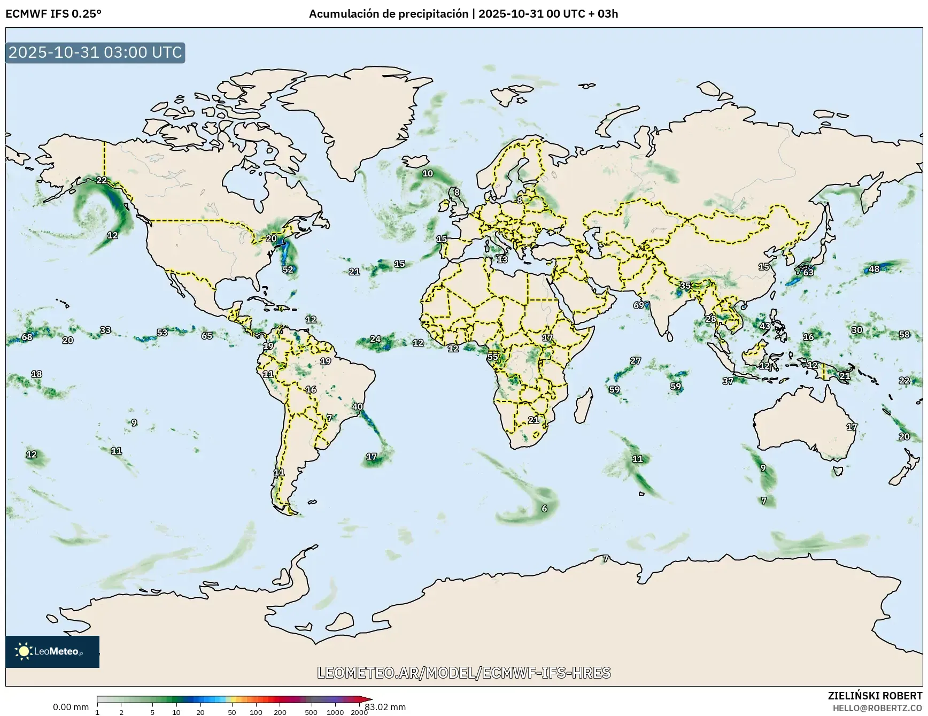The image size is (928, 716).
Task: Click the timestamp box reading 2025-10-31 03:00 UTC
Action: pyautogui.click(x=95, y=52)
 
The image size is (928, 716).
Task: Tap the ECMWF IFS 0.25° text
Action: pyautogui.click(x=53, y=14)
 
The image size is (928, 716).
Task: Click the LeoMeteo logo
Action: pyautogui.click(x=52, y=651)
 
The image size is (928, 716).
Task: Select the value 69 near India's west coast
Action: pyautogui.click(x=639, y=305)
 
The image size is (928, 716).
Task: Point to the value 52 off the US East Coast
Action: pyautogui.click(x=288, y=270)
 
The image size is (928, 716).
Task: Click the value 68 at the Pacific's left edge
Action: pyautogui.click(x=27, y=337)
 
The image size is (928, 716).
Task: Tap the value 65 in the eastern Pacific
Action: pyautogui.click(x=207, y=336)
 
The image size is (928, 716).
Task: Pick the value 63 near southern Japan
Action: pyautogui.click(x=808, y=273)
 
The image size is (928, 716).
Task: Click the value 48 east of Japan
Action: pyautogui.click(x=874, y=269)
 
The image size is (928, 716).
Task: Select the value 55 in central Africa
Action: pyautogui.click(x=492, y=357)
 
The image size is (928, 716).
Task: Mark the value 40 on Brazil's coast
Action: pyautogui.click(x=357, y=406)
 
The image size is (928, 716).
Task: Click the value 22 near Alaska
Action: pyautogui.click(x=102, y=180)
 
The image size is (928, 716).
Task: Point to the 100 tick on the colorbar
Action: pyautogui.click(x=256, y=712)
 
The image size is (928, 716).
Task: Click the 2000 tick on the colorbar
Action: pyautogui.click(x=359, y=712)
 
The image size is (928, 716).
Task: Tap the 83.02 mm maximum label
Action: pyautogui.click(x=386, y=707)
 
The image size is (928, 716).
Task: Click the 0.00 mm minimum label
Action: pyautogui.click(x=71, y=707)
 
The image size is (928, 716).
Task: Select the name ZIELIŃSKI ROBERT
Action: pyautogui.click(x=875, y=696)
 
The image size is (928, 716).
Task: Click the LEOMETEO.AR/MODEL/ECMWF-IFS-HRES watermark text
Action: pyautogui.click(x=463, y=673)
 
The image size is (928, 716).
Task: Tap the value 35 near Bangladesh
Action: pyautogui.click(x=685, y=286)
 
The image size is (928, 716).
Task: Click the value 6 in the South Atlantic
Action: pyautogui.click(x=544, y=509)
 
